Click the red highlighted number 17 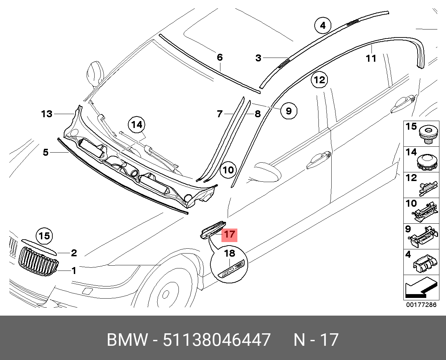click(x=229, y=234)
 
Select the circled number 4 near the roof click(x=323, y=25)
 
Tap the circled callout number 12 click(x=319, y=80)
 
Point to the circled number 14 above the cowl click(x=137, y=125)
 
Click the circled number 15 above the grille click(x=44, y=236)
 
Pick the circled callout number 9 click(x=289, y=111)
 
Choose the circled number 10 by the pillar click(x=228, y=170)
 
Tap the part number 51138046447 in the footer click(x=217, y=340)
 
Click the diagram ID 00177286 click(x=421, y=305)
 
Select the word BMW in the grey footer click(x=127, y=340)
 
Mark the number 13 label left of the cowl click(x=47, y=114)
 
